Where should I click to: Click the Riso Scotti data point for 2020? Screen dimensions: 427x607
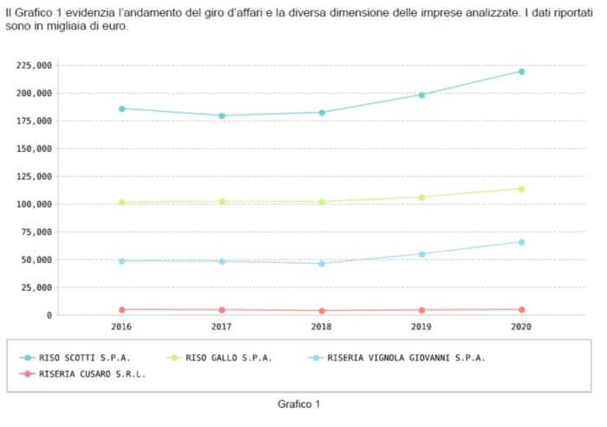tap(521, 71)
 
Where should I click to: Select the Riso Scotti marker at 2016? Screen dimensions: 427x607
tap(122, 108)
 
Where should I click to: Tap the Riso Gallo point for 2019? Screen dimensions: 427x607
tap(421, 197)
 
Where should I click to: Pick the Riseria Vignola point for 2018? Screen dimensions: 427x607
tap(322, 263)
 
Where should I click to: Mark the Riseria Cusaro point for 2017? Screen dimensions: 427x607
tap(222, 310)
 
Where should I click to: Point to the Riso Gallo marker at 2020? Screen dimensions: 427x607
tap(521, 188)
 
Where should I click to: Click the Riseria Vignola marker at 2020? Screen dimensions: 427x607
tap(521, 242)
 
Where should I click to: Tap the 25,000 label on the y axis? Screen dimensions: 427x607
tap(37, 287)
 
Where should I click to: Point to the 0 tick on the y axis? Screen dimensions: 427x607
tap(49, 315)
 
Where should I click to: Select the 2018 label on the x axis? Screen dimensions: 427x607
tap(322, 327)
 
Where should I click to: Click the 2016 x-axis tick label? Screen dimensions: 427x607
tap(122, 327)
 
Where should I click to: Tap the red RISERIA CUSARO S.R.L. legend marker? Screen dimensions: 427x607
tap(28, 374)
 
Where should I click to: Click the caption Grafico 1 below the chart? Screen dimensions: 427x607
tap(299, 404)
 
